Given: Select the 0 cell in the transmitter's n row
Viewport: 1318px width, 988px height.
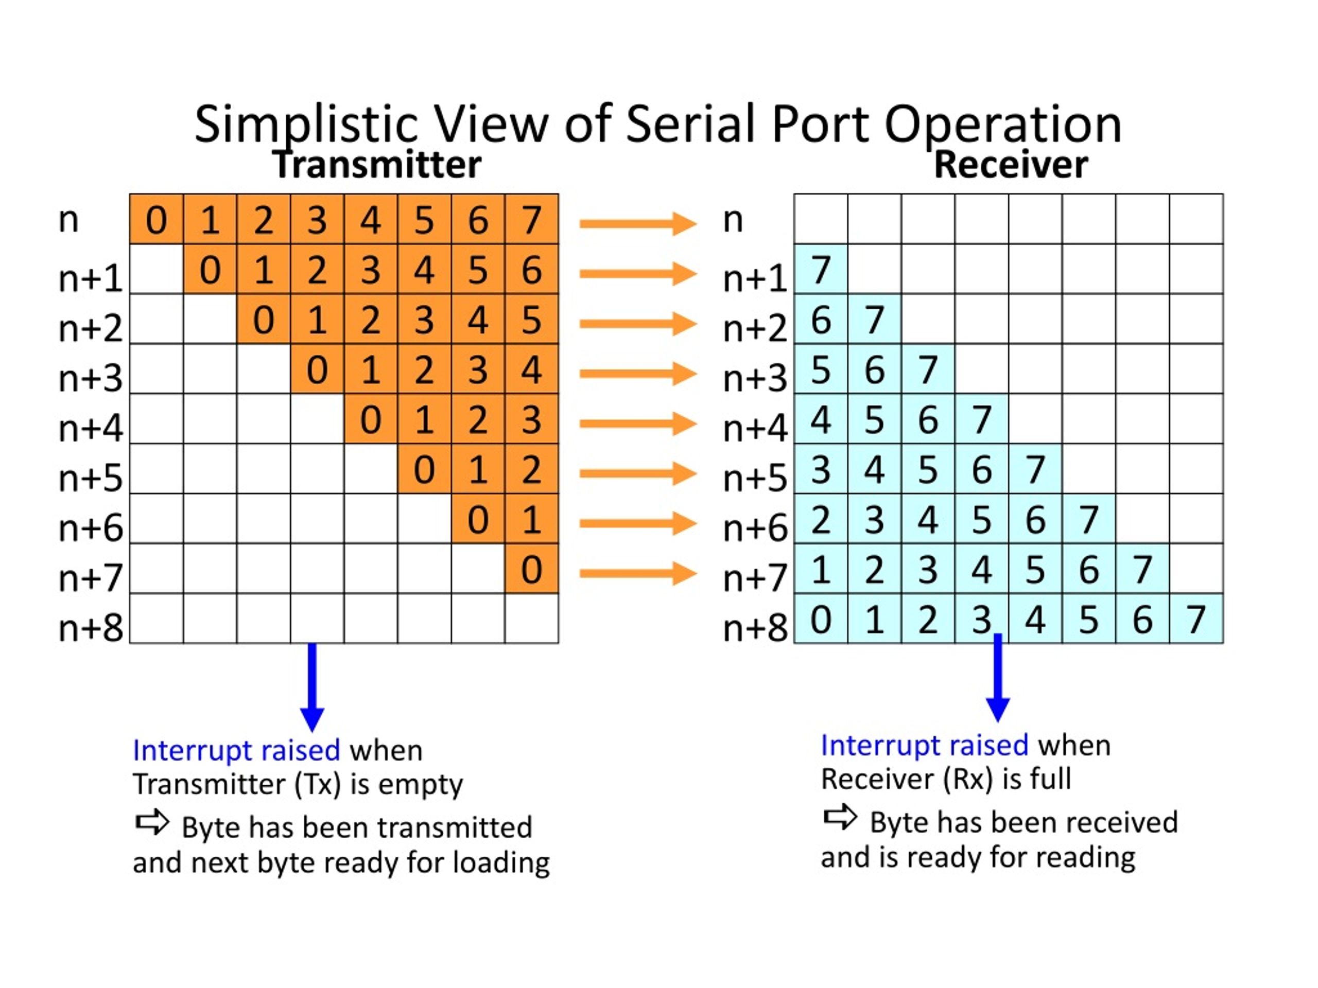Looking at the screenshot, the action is tap(156, 219).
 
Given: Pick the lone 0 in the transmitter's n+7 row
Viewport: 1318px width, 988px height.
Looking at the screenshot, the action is tap(531, 569).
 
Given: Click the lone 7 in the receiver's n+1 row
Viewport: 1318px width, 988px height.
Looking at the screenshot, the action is tap(821, 269).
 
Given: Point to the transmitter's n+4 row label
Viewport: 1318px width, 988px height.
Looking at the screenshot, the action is tap(91, 428).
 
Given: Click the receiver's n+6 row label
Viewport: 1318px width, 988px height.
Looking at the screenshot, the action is tap(755, 527).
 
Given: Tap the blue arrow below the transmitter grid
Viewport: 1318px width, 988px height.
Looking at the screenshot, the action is tap(312, 687).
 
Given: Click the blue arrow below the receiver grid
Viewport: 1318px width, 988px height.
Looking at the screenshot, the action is tap(998, 678).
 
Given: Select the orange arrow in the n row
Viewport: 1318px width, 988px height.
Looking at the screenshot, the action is tap(638, 224).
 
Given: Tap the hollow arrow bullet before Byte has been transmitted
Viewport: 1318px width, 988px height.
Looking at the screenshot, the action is tap(152, 822).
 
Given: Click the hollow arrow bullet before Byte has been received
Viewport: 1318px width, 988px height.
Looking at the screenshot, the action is tap(840, 817).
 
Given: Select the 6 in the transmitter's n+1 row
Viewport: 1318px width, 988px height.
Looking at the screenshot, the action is tap(531, 269).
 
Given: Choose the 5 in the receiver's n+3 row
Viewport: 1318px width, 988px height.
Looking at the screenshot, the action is tap(821, 369).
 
